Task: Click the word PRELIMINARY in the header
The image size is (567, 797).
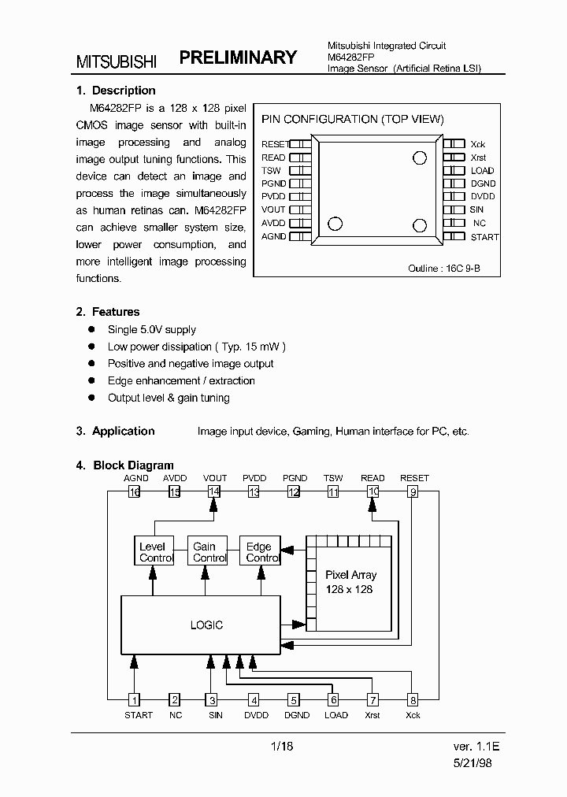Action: pyautogui.click(x=238, y=57)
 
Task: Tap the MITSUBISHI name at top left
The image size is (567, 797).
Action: pyautogui.click(x=117, y=61)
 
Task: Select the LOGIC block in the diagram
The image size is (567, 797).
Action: pyautogui.click(x=206, y=625)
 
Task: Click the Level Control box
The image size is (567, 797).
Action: pyautogui.click(x=152, y=551)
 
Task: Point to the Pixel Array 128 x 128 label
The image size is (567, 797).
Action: pyautogui.click(x=350, y=582)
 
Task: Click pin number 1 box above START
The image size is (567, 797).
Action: pyautogui.click(x=135, y=699)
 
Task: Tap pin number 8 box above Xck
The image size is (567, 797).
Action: pyautogui.click(x=412, y=699)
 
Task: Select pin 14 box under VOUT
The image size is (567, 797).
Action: pyautogui.click(x=214, y=492)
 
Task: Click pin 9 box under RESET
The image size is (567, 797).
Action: pyautogui.click(x=412, y=492)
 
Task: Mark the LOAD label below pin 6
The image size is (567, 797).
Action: pyautogui.click(x=336, y=715)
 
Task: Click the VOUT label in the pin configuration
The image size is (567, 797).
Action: pyautogui.click(x=273, y=210)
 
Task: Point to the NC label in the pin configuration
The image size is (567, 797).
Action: pyautogui.click(x=479, y=224)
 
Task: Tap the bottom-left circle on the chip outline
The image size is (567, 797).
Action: pyautogui.click(x=335, y=224)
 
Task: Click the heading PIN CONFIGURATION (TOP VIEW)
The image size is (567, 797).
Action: pyautogui.click(x=353, y=120)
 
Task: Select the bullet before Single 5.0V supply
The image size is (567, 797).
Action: pyautogui.click(x=91, y=329)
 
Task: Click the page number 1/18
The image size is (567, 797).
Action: pyautogui.click(x=282, y=746)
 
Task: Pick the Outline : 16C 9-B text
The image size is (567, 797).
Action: pyautogui.click(x=443, y=269)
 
